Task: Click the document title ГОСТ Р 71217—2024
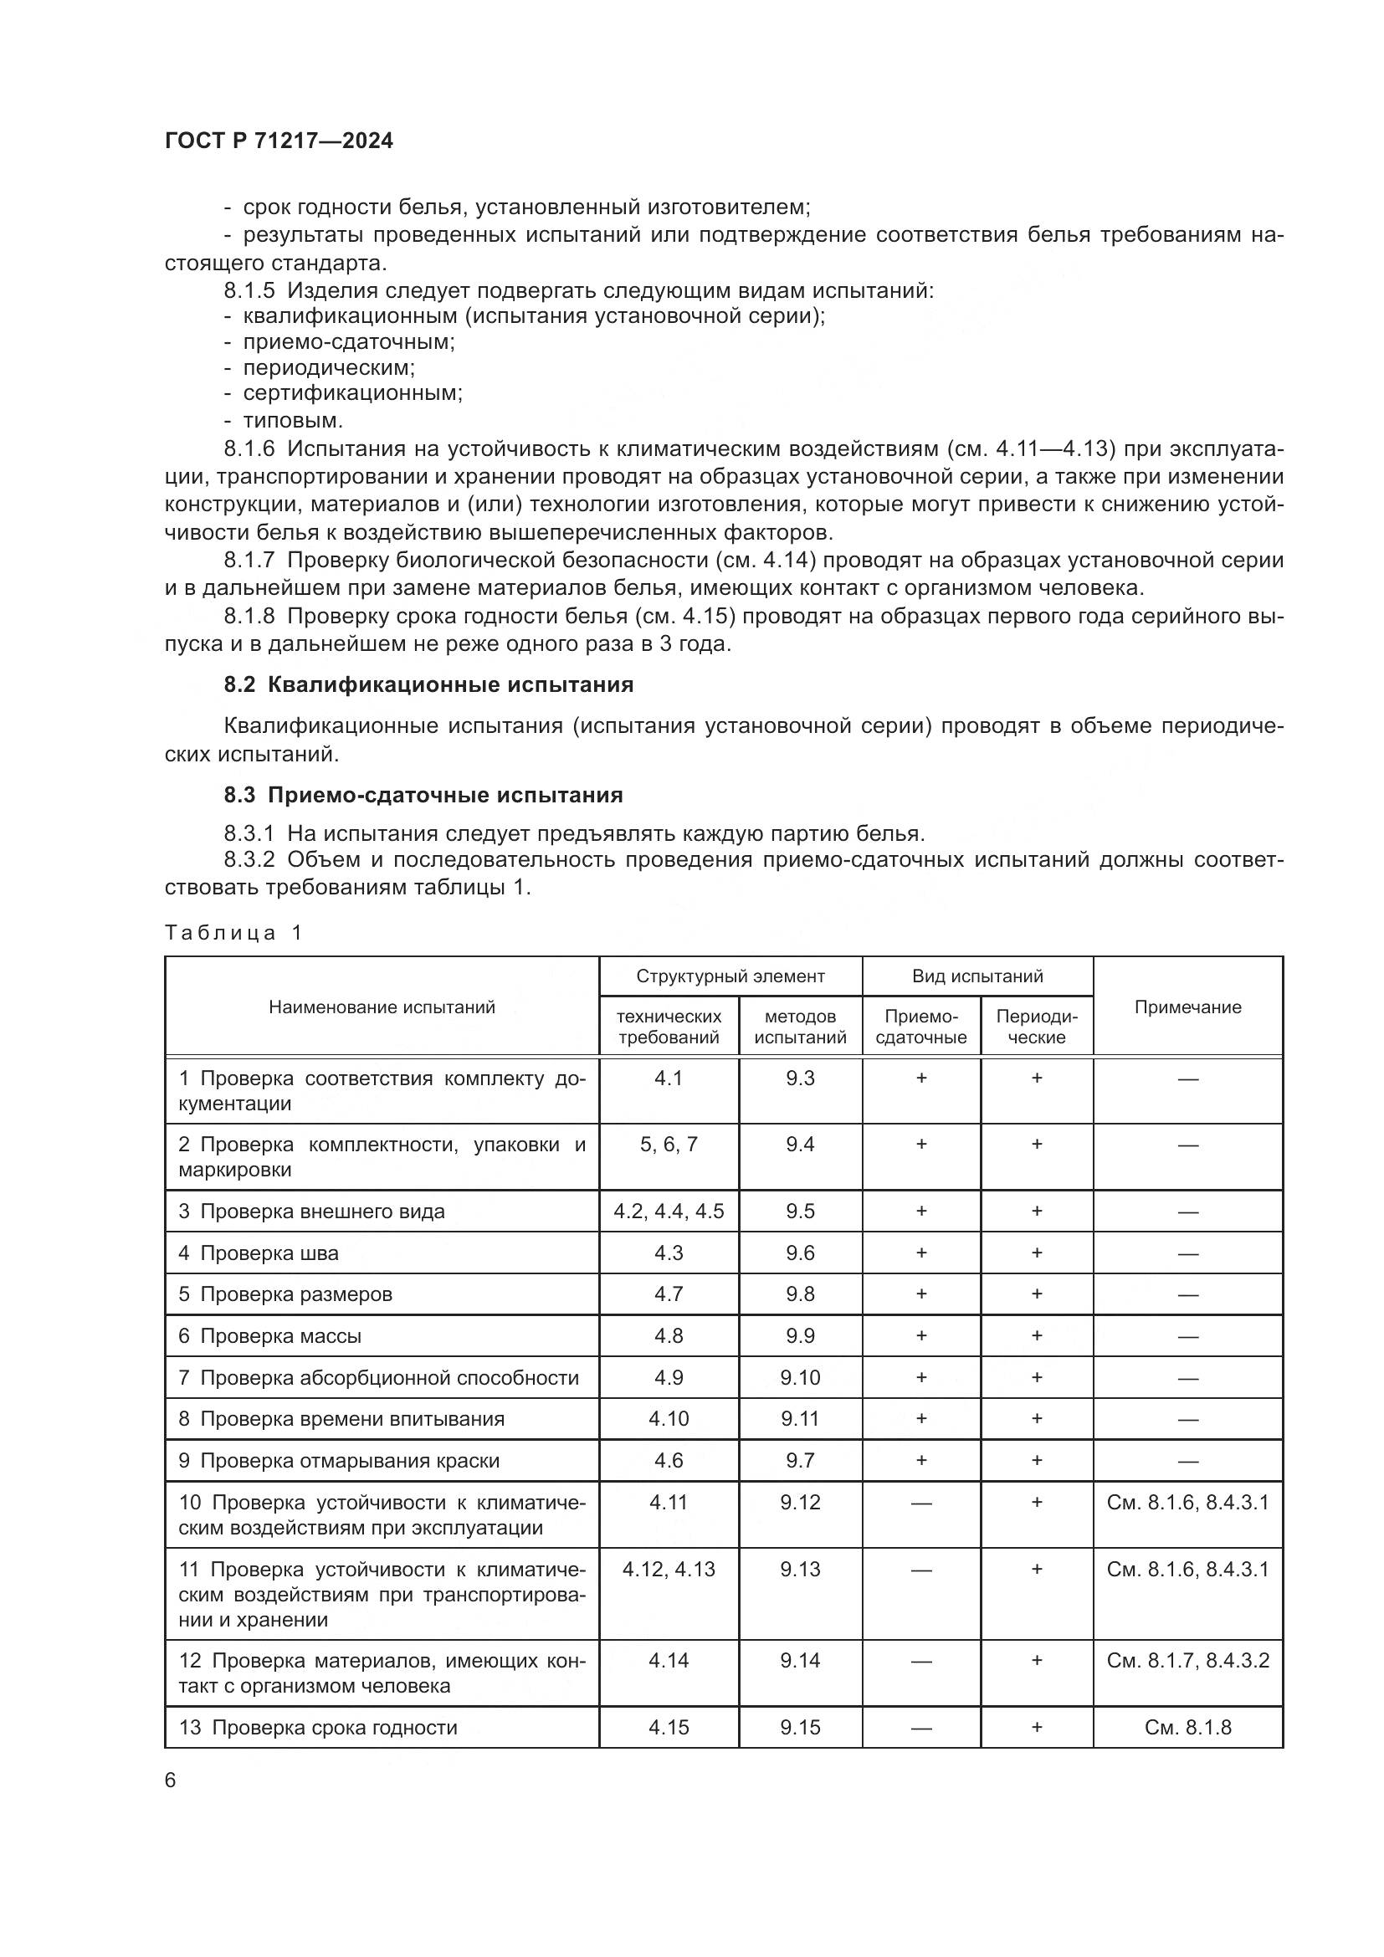[x=279, y=141]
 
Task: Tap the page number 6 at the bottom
[x=171, y=1780]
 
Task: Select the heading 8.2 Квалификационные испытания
[x=428, y=685]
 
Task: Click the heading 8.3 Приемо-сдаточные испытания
[x=423, y=795]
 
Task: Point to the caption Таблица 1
[x=233, y=932]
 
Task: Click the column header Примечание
[x=1187, y=1007]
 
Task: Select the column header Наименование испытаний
[x=382, y=1007]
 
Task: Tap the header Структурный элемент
[x=730, y=976]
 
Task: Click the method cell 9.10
[x=799, y=1378]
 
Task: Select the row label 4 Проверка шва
[x=259, y=1253]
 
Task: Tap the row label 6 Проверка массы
[x=269, y=1336]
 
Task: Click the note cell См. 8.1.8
[x=1187, y=1728]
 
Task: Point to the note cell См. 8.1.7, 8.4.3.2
[x=1187, y=1660]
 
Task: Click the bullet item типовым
[x=292, y=420]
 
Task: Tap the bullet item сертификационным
[x=352, y=394]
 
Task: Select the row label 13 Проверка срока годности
[x=318, y=1728]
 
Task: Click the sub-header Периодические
[x=1036, y=1027]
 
